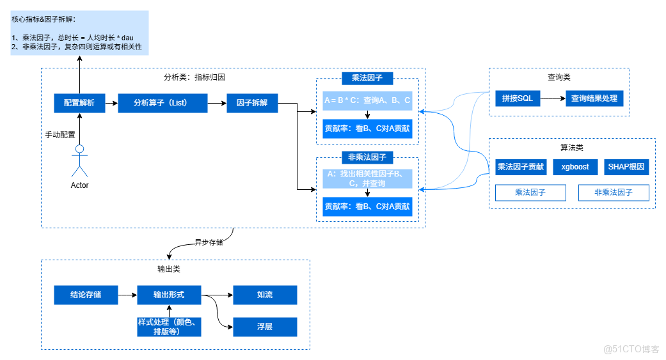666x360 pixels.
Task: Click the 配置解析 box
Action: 79,103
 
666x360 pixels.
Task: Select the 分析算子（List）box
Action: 163,103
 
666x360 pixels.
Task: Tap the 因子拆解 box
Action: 252,103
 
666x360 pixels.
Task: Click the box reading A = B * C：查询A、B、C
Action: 367,101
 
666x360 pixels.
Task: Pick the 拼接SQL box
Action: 518,99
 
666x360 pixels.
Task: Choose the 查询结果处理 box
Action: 594,99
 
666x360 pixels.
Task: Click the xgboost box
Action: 575,168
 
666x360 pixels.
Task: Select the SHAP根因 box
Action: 626,168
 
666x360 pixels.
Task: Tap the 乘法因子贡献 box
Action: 521,168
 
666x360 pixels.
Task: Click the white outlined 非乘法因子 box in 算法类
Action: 614,192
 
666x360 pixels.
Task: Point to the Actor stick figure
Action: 79,161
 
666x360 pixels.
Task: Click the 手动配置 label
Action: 59,135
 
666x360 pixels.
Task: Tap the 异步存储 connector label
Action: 209,243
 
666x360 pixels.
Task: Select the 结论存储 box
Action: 86,295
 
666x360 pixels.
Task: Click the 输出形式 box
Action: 169,295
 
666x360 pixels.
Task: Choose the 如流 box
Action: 265,295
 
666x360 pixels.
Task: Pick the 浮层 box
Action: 265,327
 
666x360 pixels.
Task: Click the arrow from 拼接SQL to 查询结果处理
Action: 553,99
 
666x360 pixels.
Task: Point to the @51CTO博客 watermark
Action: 631,349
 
